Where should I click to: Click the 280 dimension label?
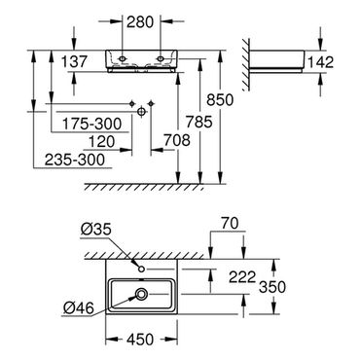click(x=140, y=22)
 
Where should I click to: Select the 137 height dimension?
click(x=74, y=61)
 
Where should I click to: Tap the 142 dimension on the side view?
click(x=320, y=62)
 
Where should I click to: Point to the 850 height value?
click(x=220, y=99)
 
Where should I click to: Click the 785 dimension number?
click(x=199, y=122)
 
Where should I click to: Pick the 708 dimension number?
click(x=177, y=140)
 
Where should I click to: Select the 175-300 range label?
click(x=91, y=124)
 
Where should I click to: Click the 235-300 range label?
click(x=75, y=160)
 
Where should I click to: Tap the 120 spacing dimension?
click(x=102, y=142)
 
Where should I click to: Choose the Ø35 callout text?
click(x=96, y=230)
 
